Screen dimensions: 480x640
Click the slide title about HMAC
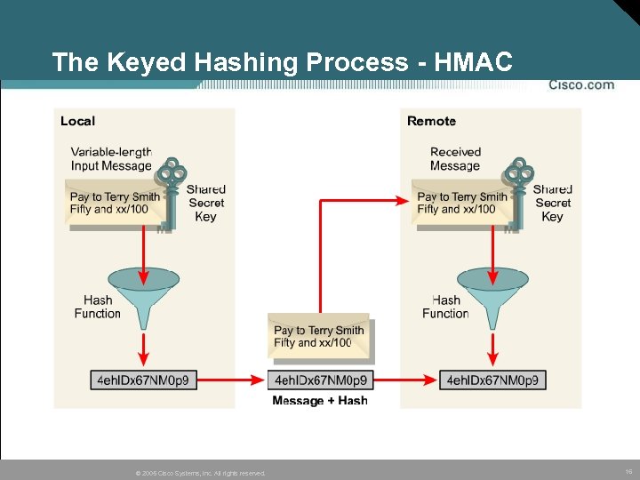click(x=282, y=62)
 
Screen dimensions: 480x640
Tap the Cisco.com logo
click(x=580, y=85)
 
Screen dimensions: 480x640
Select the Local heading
click(x=77, y=121)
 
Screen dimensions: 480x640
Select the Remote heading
click(x=431, y=121)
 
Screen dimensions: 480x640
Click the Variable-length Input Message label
click(x=111, y=159)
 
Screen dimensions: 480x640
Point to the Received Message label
click(x=455, y=159)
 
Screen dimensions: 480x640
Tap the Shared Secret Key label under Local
click(x=205, y=203)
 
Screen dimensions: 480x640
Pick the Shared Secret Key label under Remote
click(x=552, y=203)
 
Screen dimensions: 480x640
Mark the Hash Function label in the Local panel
click(x=97, y=307)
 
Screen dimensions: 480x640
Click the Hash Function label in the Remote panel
click(x=445, y=307)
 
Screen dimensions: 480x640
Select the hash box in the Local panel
click(x=143, y=380)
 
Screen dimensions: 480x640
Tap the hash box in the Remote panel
click(x=492, y=380)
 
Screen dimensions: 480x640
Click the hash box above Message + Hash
click(x=320, y=380)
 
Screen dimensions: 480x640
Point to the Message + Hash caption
click(x=320, y=401)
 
